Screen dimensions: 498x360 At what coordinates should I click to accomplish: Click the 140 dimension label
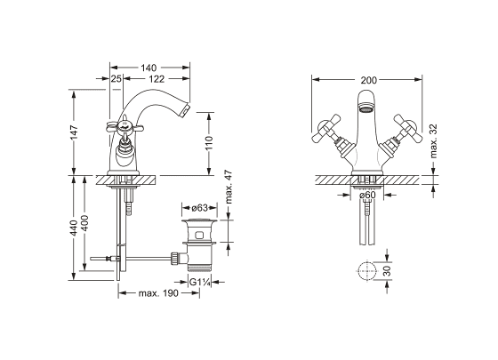[x=149, y=68]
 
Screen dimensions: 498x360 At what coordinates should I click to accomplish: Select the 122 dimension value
[x=157, y=79]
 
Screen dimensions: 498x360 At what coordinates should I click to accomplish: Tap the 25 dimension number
[x=116, y=79]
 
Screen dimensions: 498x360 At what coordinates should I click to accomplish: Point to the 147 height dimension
[x=75, y=132]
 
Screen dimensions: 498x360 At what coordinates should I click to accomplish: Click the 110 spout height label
[x=209, y=143]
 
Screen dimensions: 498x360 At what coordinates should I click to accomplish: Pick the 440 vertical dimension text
[x=74, y=228]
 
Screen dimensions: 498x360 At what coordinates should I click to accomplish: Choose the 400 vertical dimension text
[x=84, y=223]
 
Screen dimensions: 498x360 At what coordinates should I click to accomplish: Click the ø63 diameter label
[x=199, y=208]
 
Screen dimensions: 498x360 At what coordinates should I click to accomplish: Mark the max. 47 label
[x=229, y=188]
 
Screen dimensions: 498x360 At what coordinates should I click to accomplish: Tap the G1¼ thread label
[x=200, y=282]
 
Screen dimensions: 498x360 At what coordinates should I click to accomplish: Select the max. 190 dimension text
[x=158, y=293]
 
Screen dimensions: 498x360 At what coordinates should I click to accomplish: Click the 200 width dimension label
[x=368, y=80]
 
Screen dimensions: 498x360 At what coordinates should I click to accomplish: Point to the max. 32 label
[x=434, y=141]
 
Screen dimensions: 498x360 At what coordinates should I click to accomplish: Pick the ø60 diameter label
[x=367, y=195]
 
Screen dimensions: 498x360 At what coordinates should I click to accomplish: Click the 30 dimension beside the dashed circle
[x=388, y=271]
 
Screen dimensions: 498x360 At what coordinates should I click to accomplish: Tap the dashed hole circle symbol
[x=367, y=271]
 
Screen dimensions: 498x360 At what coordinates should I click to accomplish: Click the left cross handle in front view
[x=326, y=128]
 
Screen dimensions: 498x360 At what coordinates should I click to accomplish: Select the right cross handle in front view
[x=408, y=128]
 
